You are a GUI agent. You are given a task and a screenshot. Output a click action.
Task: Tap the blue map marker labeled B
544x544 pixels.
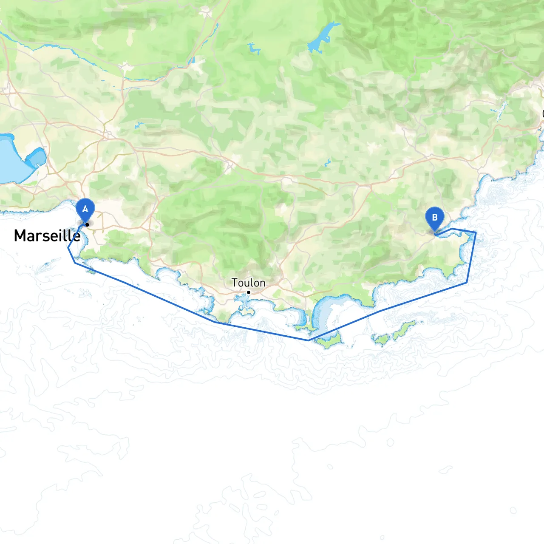[x=434, y=218]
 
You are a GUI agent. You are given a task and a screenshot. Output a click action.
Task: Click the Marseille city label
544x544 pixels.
[x=47, y=235]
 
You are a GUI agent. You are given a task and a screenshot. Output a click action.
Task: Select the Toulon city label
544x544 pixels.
[x=249, y=283]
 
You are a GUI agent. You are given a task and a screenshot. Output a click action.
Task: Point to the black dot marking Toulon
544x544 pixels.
[x=249, y=292]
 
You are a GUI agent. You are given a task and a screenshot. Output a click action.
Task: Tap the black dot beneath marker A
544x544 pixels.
[x=87, y=224]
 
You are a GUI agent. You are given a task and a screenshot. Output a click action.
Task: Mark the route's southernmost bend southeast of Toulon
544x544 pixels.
[x=309, y=340]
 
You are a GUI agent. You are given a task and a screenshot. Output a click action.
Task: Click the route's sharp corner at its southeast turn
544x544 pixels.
[x=467, y=282]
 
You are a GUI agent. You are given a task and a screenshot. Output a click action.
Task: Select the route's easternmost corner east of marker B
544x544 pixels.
[x=475, y=232]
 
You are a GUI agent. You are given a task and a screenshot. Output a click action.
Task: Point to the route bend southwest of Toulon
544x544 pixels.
[x=215, y=322]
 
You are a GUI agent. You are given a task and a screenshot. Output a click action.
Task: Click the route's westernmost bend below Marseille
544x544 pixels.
[x=68, y=248]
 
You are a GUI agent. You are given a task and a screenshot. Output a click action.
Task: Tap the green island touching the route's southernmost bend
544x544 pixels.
[x=329, y=340]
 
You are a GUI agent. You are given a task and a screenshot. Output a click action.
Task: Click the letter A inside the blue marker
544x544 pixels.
[x=85, y=209]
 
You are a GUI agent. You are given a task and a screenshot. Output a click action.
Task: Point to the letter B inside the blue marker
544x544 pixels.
[x=434, y=217]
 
